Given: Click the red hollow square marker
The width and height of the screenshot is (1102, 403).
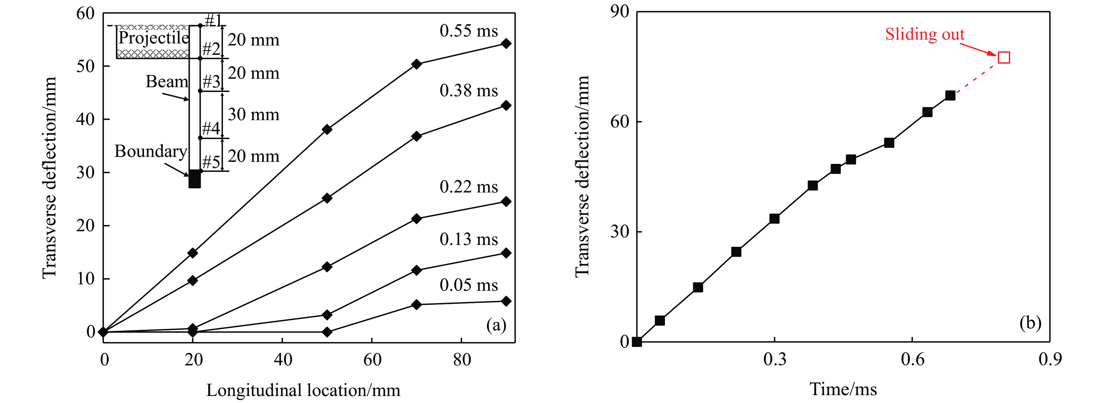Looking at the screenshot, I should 1003,57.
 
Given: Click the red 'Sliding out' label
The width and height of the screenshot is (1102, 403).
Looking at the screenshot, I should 924,34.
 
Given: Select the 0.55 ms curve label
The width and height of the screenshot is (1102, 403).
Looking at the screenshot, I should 468,31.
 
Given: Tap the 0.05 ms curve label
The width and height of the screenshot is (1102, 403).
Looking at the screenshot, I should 468,285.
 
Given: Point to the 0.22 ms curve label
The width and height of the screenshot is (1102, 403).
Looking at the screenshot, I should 468,187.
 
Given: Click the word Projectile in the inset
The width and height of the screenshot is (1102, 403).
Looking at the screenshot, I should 153,38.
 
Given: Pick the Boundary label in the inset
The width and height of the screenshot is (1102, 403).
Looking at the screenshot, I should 151,151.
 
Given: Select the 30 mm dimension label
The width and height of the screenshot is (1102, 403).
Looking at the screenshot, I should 253,115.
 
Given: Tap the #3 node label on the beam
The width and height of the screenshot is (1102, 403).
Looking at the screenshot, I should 211,81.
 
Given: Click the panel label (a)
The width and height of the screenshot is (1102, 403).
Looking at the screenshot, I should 496,325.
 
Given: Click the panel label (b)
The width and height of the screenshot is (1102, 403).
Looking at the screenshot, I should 1030,323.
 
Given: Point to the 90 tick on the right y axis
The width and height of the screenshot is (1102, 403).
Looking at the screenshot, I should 620,12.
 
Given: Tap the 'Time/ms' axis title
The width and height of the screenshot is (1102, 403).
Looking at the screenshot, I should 843,389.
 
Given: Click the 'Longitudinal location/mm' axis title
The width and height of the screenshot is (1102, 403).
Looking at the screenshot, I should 303,390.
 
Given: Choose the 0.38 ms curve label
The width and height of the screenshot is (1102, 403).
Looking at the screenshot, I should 468,91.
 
